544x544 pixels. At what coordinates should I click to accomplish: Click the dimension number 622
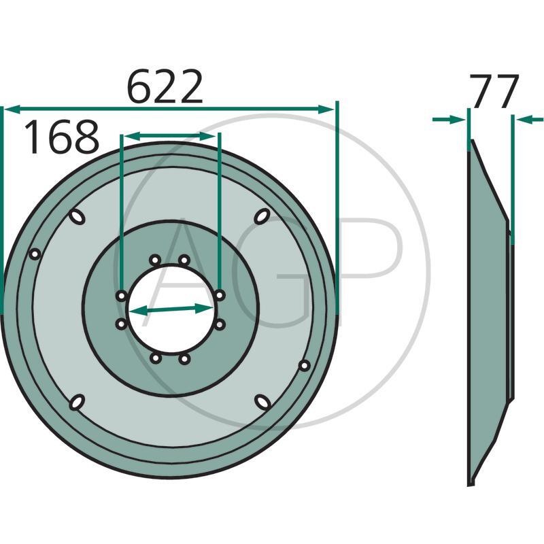[x=165, y=87]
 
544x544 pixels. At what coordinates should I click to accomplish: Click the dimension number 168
[x=62, y=137]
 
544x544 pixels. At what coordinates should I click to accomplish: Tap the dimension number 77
[x=494, y=91]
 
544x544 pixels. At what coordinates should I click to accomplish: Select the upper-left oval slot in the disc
[x=77, y=217]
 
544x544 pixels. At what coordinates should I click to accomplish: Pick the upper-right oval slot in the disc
[x=262, y=216]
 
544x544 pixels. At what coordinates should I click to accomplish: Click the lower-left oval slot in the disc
[x=77, y=402]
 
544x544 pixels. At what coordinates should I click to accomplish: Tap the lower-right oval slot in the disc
[x=262, y=402]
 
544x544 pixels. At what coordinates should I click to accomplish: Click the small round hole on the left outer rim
[x=35, y=254]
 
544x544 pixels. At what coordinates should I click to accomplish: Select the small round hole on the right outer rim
[x=304, y=365]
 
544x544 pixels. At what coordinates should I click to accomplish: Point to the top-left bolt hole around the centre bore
[x=155, y=260]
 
